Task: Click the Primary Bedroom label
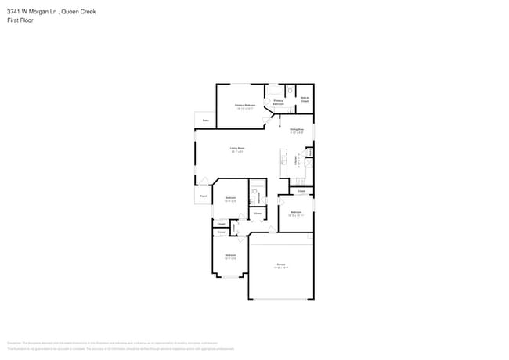245,104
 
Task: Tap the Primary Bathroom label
278,102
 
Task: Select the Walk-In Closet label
305,99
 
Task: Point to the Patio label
205,121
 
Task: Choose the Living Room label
236,148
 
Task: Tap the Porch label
203,196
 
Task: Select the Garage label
280,265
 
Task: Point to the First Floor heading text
18,21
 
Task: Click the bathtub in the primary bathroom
276,89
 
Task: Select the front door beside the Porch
203,182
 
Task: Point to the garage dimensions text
280,268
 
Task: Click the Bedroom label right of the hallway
296,212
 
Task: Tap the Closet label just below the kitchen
301,190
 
